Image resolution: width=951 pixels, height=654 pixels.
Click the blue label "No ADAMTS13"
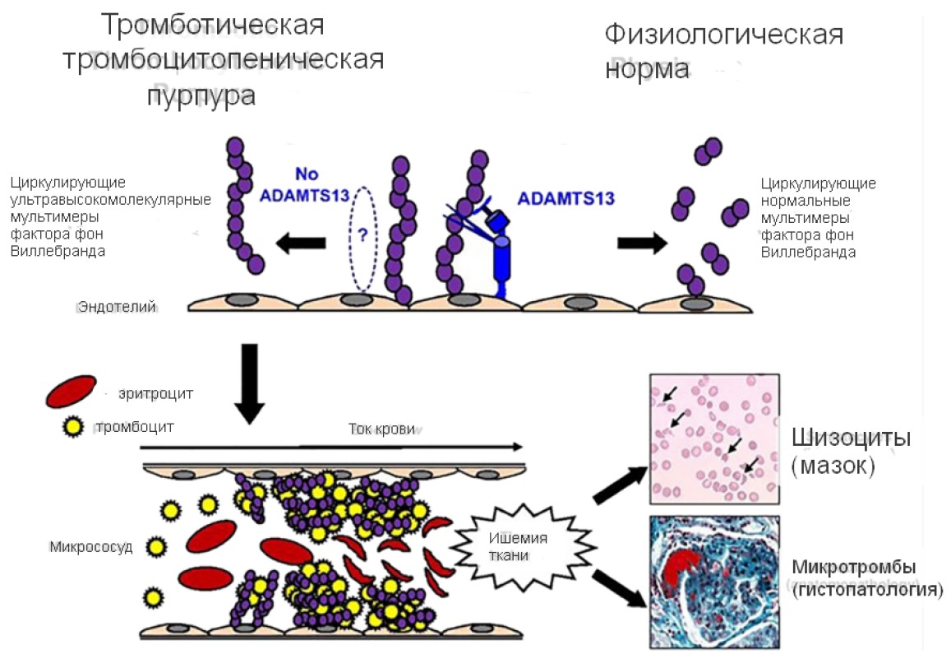pos(303,185)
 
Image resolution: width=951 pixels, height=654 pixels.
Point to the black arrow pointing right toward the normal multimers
pos(642,243)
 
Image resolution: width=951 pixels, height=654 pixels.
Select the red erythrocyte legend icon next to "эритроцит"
pos(70,392)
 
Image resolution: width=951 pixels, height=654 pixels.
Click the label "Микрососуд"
pos(90,546)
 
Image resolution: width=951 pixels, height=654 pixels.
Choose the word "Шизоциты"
pos(851,438)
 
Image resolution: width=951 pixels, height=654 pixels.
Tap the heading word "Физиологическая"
pos(724,35)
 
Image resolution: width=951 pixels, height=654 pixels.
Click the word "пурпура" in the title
pos(201,95)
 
